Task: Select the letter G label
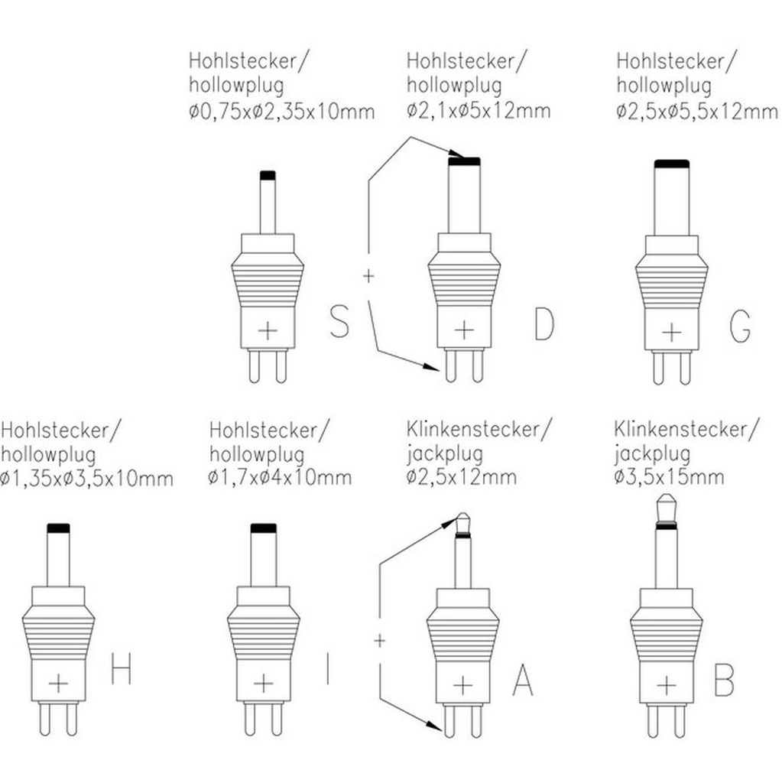coord(740,324)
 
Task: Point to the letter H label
coord(122,670)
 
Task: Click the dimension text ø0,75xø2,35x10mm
coord(282,112)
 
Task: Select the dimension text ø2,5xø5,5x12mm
coord(696,112)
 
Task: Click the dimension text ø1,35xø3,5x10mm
coord(87,479)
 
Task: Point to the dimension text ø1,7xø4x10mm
coord(280,478)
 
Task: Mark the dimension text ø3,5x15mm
coord(669,478)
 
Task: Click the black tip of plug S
coord(267,175)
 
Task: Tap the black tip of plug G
coord(672,163)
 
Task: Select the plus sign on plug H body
coord(59,682)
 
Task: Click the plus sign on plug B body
coord(667,683)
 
